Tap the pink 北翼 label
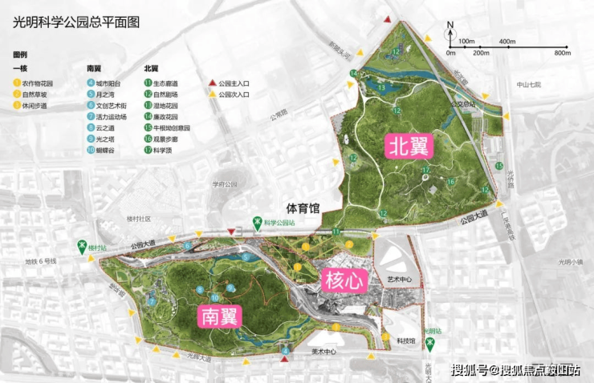point(409,145)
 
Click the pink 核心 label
point(344,280)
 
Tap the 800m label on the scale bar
point(561,53)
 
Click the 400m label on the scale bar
point(507,41)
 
